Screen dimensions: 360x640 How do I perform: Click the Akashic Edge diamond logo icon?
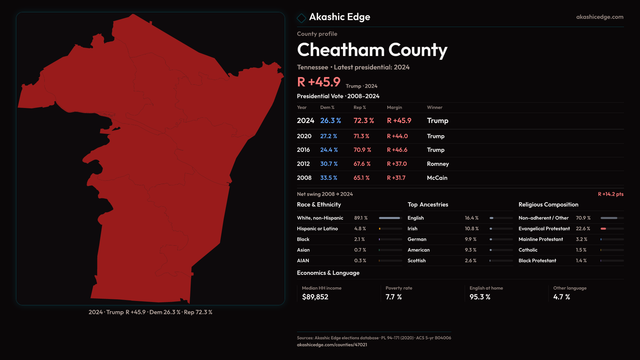301,18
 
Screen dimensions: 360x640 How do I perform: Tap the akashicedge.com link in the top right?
599,17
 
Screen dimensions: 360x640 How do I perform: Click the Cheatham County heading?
372,50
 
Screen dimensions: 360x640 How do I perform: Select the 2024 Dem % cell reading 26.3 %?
330,121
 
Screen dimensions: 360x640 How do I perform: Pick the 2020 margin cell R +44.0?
397,136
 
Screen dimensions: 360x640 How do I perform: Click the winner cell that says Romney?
438,164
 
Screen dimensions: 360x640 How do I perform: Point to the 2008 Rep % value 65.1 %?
361,178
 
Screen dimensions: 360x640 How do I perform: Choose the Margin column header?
394,107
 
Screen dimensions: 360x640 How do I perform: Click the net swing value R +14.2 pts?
610,194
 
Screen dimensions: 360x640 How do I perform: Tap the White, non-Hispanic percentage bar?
390,218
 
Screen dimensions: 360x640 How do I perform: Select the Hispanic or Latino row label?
317,229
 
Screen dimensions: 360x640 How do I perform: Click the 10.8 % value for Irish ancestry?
472,229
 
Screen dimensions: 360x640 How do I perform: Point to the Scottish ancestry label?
416,261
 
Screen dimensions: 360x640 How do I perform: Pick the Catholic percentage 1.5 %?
581,250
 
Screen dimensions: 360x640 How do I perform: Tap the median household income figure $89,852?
315,297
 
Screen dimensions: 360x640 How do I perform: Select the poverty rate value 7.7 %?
393,297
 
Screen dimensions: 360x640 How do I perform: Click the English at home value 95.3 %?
480,297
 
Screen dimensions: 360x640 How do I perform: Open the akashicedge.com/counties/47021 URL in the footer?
332,345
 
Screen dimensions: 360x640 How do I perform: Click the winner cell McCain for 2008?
437,178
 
